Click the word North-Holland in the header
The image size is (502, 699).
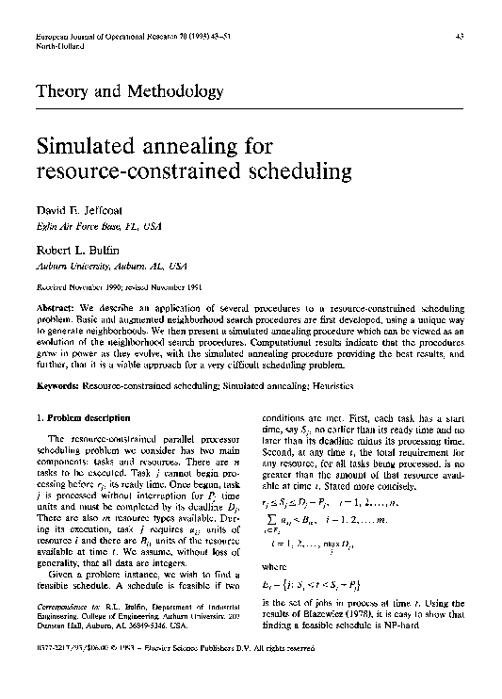pos(54,44)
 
